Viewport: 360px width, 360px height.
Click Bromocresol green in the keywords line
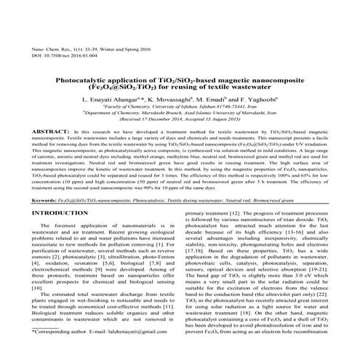[x=304, y=199]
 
